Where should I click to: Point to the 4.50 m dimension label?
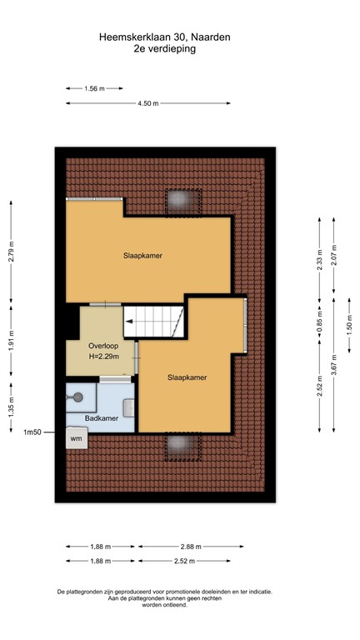(148, 103)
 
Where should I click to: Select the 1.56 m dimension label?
(95, 87)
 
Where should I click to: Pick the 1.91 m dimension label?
(11, 343)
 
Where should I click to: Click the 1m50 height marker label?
(32, 432)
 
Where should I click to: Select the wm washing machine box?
(76, 438)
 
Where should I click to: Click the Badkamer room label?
(102, 418)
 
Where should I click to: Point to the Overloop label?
(103, 345)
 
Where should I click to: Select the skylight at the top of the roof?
(180, 201)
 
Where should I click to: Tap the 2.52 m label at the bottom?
(185, 561)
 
